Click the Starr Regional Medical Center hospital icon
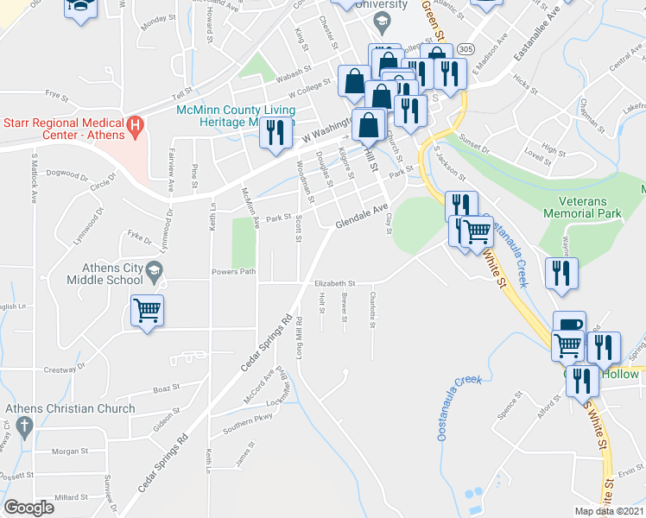click(134, 126)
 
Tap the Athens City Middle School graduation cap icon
click(155, 268)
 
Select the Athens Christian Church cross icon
click(24, 425)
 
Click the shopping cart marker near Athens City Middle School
click(148, 310)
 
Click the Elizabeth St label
click(334, 283)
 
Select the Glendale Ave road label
click(361, 216)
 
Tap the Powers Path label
click(234, 273)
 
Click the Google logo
click(28, 508)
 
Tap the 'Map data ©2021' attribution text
click(610, 511)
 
